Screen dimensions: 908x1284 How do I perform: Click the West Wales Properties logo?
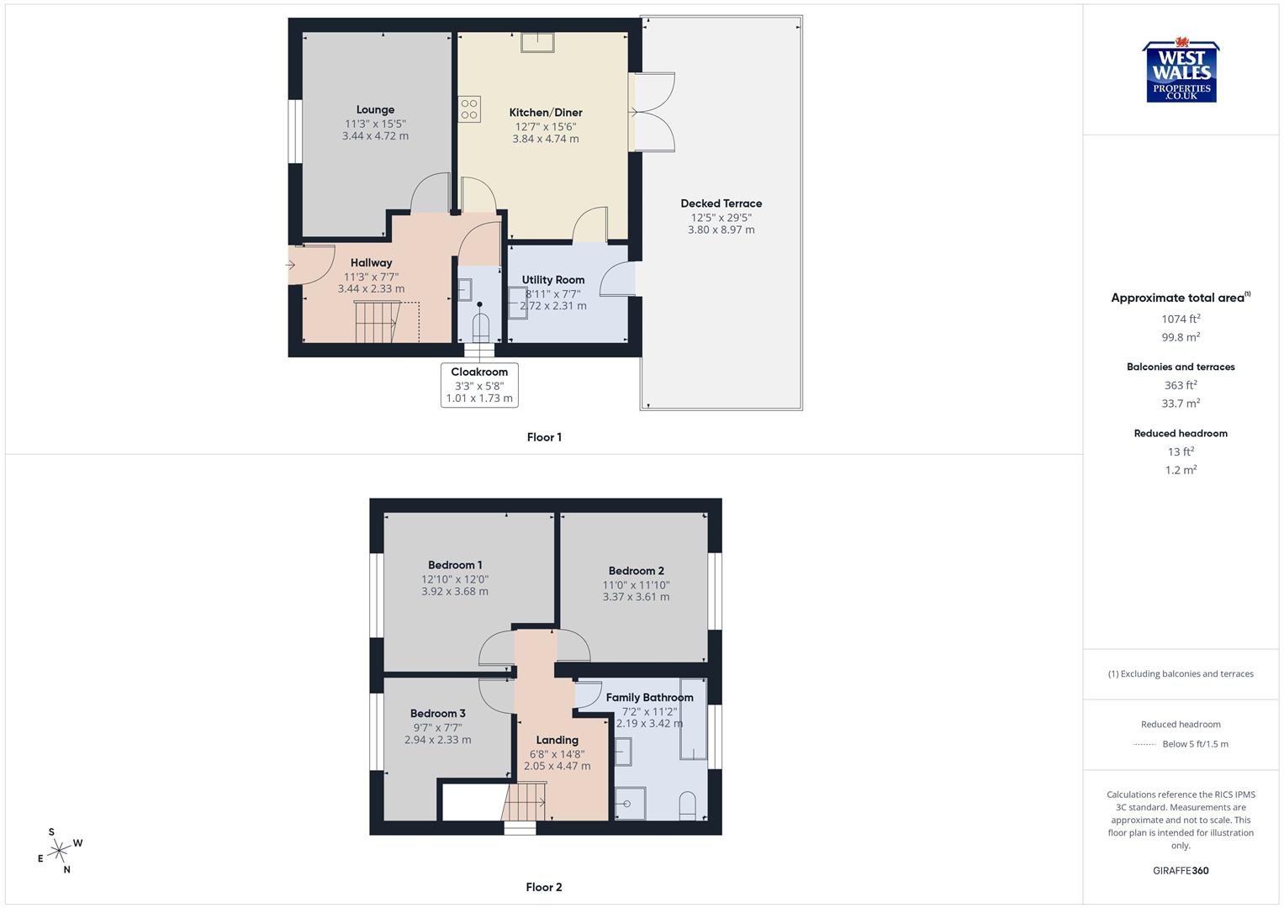click(x=1181, y=72)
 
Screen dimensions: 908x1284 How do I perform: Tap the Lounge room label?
click(x=375, y=110)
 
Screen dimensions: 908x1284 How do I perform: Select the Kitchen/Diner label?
click(x=546, y=113)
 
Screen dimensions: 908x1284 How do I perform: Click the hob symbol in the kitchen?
click(x=469, y=109)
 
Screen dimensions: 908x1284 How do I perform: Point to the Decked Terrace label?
click(x=721, y=203)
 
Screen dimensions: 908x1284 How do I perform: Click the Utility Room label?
click(x=553, y=280)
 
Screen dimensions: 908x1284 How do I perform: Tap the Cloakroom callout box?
click(x=479, y=385)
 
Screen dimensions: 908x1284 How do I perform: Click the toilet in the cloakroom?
click(x=480, y=326)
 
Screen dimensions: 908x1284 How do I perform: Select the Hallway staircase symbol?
click(x=376, y=322)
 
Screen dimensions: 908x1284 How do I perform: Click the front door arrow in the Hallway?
click(x=291, y=266)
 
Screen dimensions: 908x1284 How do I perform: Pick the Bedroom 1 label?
click(x=455, y=565)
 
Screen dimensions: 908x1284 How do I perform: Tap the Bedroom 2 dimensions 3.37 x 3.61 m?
click(x=636, y=598)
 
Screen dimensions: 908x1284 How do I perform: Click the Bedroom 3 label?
click(x=438, y=714)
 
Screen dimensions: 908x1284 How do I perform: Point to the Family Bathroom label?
click(x=650, y=698)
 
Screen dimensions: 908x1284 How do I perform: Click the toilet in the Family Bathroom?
click(x=687, y=805)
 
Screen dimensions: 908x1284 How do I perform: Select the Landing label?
click(x=557, y=741)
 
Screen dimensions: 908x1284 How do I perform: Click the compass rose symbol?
click(x=59, y=852)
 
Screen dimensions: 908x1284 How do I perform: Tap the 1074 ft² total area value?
click(x=1181, y=319)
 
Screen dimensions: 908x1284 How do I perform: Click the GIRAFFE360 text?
click(x=1181, y=871)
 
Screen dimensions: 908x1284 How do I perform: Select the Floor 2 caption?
click(x=544, y=887)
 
